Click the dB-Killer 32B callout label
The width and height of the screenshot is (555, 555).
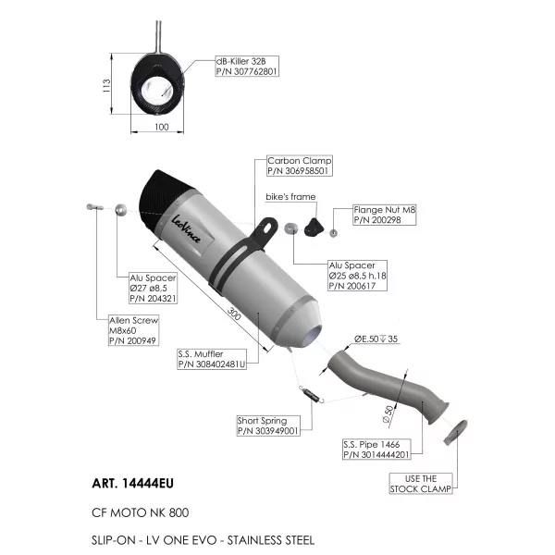[247, 67]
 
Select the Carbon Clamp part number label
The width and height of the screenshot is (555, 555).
[299, 166]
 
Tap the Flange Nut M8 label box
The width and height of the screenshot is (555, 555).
[385, 215]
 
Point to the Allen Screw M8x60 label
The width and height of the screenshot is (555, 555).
[133, 330]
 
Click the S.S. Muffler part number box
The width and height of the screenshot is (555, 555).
[212, 359]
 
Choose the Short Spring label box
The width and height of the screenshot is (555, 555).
[268, 425]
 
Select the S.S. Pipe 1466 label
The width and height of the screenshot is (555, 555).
[376, 450]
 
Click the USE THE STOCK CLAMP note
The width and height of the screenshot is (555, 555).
[421, 484]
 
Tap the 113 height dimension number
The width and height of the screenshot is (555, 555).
[106, 86]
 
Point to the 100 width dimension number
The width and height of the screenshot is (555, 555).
[162, 127]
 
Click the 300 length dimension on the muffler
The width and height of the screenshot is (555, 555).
[234, 314]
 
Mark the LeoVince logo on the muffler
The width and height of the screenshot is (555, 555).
[186, 229]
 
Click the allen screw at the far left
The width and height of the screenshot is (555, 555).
[95, 206]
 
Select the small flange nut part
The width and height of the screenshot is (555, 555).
[333, 233]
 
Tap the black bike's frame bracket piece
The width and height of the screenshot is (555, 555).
[314, 227]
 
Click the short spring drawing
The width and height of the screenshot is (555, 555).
[312, 395]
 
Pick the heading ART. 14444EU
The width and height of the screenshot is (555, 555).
[132, 483]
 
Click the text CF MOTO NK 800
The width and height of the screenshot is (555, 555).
[141, 512]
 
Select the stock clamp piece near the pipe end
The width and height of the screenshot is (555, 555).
[455, 431]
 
